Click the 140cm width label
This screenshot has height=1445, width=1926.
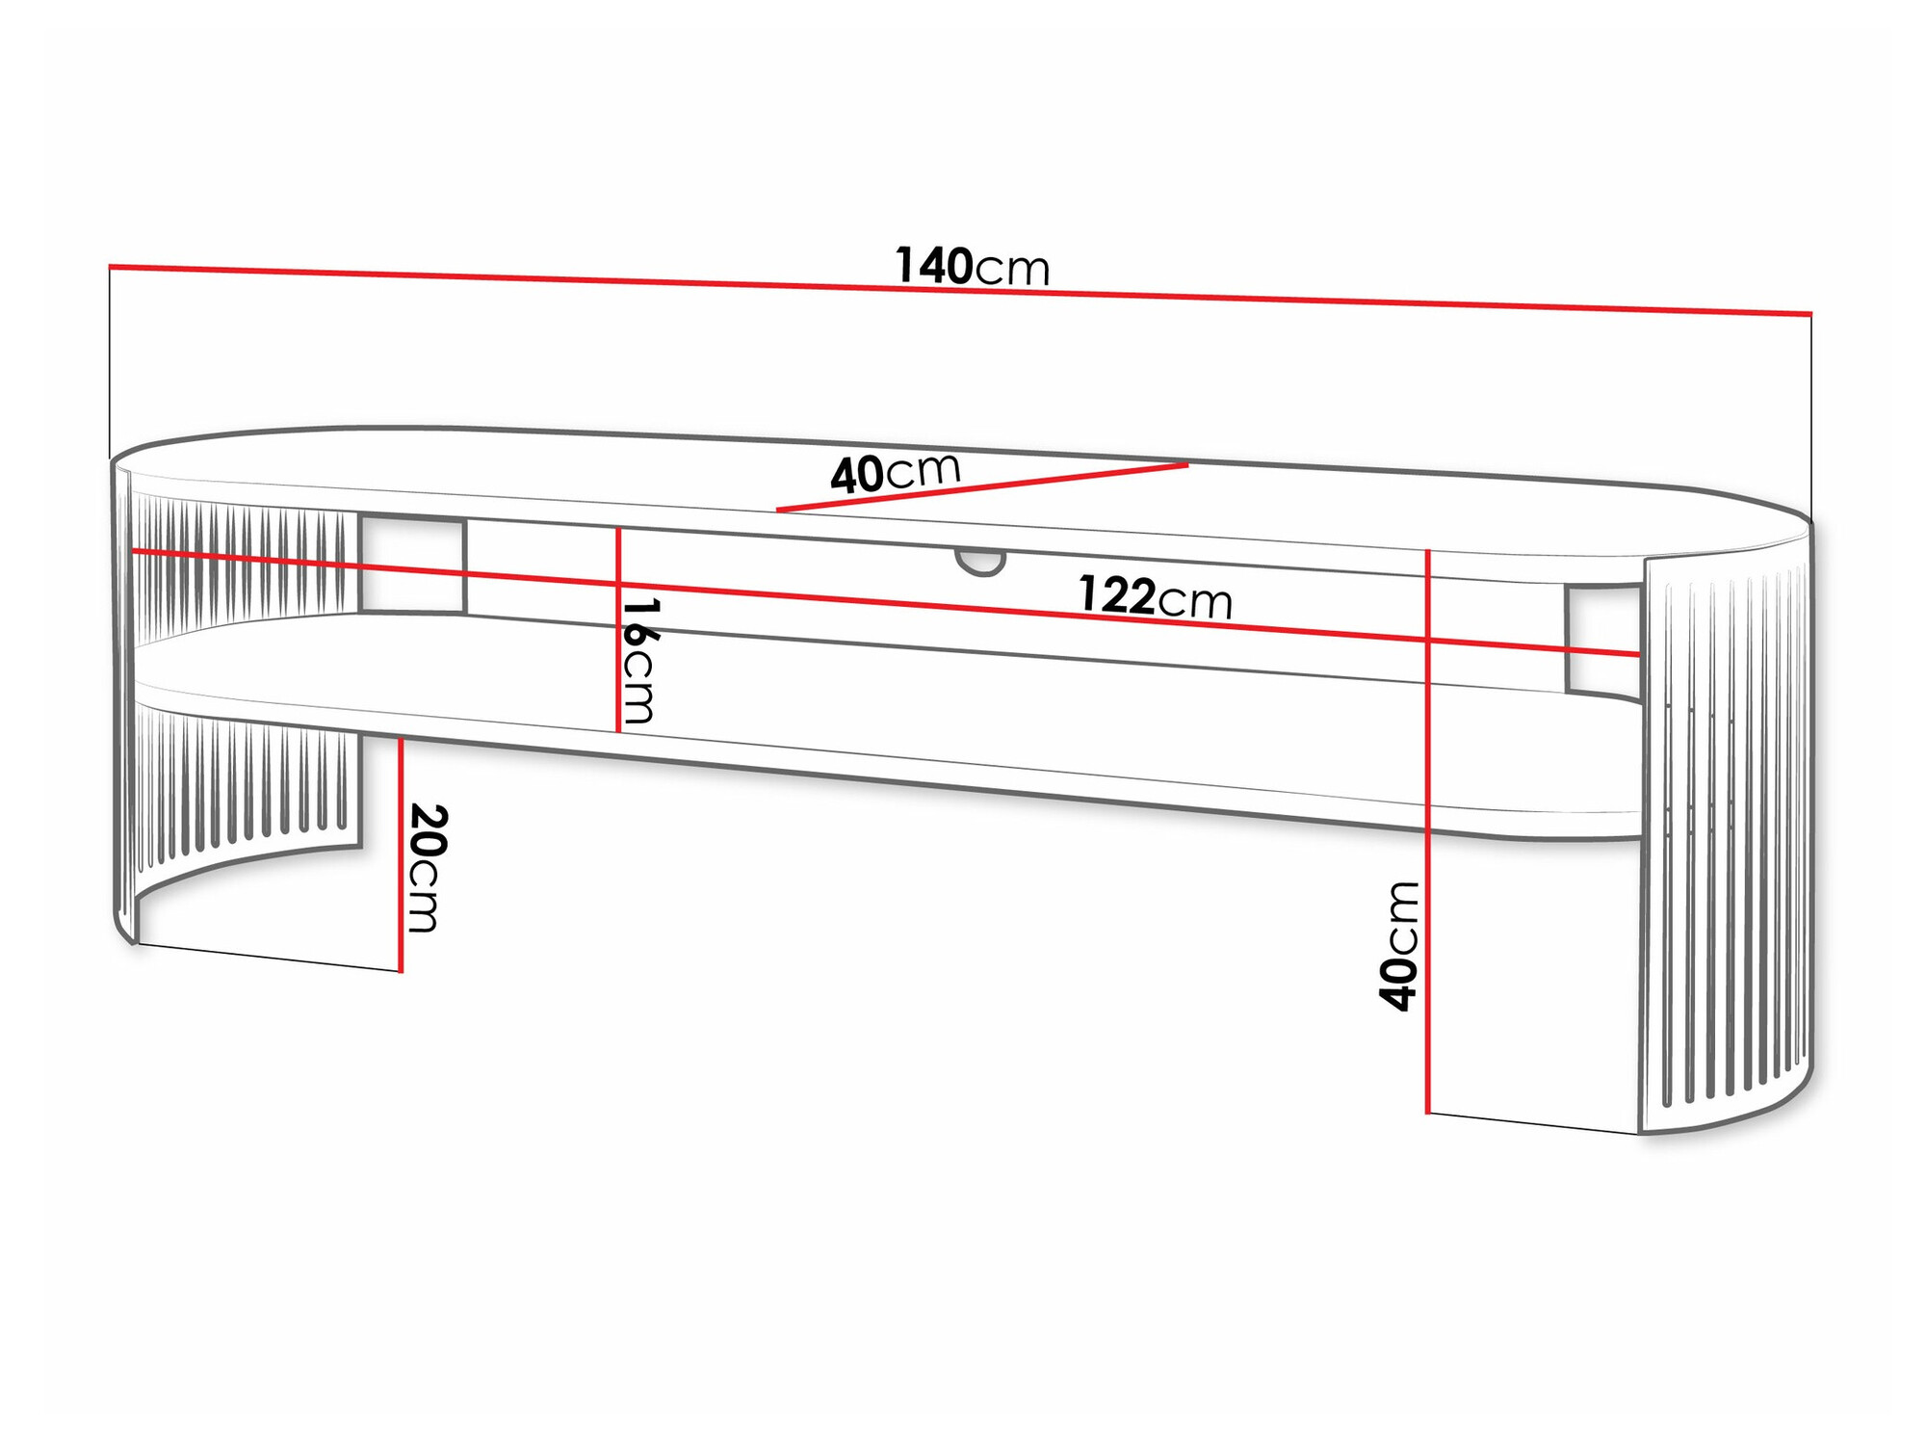(x=972, y=266)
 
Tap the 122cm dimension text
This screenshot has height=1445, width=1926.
(x=1155, y=596)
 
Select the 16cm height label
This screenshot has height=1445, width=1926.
(x=638, y=661)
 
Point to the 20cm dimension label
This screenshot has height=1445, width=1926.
(x=426, y=867)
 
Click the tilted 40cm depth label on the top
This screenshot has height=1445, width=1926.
(x=896, y=473)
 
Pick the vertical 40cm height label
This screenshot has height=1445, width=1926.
(x=1399, y=946)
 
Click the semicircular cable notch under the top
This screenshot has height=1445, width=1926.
(x=980, y=562)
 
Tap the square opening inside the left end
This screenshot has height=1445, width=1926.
(x=412, y=565)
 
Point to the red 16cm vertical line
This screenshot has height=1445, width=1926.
(x=618, y=674)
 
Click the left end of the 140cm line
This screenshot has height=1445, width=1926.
(x=110, y=266)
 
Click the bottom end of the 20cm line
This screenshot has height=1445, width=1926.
(x=401, y=971)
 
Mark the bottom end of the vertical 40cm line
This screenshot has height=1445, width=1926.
(x=1427, y=1113)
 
